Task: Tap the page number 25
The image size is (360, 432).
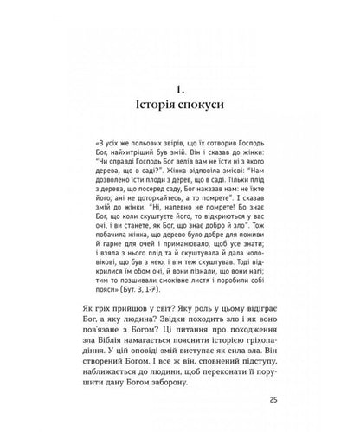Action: (x=273, y=400)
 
